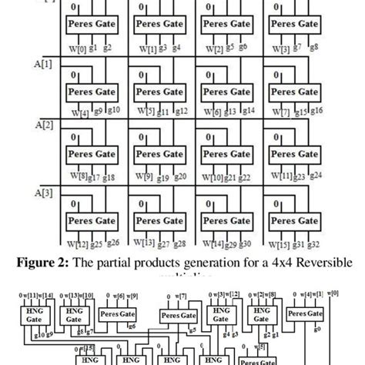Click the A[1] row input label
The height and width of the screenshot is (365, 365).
pyautogui.click(x=43, y=60)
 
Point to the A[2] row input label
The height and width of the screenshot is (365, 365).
pyautogui.click(x=43, y=123)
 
